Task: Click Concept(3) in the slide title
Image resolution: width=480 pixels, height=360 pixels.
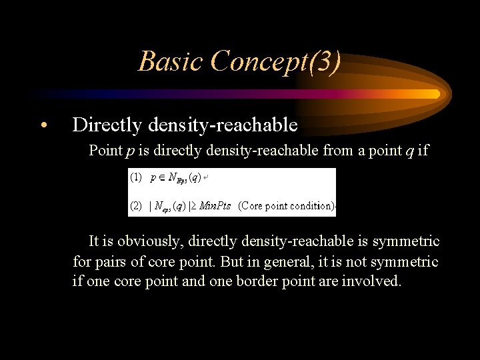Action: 275,61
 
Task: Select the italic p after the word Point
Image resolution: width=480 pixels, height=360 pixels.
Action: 128,151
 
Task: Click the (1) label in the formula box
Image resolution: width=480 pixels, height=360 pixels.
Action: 136,178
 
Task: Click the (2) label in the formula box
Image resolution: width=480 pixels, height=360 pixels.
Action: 136,206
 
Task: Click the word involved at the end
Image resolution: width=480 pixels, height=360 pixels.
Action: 371,281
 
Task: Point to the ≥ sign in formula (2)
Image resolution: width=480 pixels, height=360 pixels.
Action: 194,206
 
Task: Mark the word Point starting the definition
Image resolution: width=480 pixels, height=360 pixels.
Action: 105,151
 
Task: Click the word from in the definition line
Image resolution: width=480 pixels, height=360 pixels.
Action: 337,151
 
